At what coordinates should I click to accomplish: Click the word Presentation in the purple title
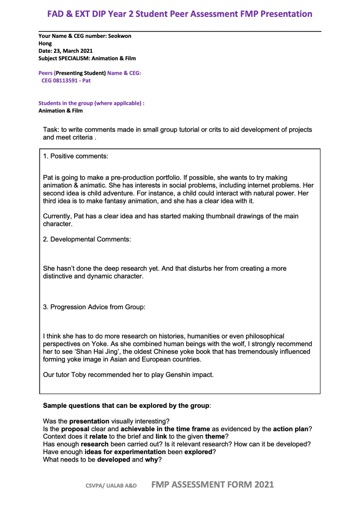click(x=276, y=14)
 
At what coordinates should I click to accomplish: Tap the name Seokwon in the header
click(x=120, y=36)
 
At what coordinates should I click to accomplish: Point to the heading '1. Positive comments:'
click(x=75, y=156)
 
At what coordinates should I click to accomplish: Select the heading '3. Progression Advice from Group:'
click(x=94, y=307)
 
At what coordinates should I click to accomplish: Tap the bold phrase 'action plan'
click(x=289, y=429)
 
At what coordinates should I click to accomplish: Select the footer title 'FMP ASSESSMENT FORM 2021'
click(x=213, y=484)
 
